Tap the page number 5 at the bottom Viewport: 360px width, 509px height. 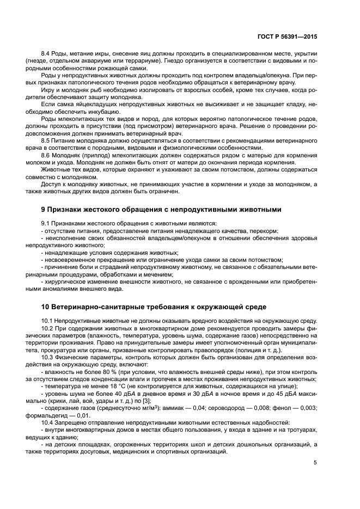(316, 464)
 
